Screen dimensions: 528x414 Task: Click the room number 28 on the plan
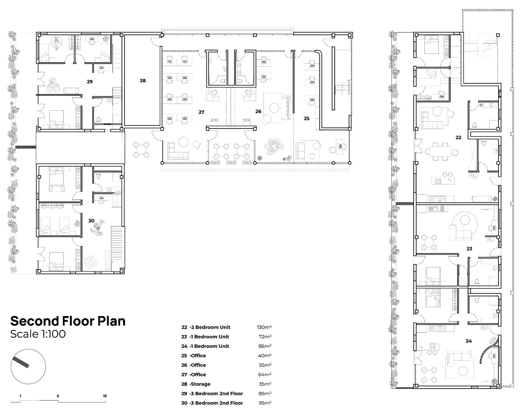pyautogui.click(x=143, y=80)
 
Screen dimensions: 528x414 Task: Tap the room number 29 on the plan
pyautogui.click(x=90, y=81)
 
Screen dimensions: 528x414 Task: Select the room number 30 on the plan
pyautogui.click(x=91, y=221)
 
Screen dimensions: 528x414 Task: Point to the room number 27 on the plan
pyautogui.click(x=201, y=112)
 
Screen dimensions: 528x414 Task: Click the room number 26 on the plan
pyautogui.click(x=258, y=111)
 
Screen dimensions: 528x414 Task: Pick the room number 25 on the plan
pyautogui.click(x=306, y=119)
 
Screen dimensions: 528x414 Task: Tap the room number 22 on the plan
pyautogui.click(x=458, y=137)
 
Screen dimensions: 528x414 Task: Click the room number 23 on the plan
pyautogui.click(x=469, y=249)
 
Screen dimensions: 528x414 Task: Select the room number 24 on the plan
pyautogui.click(x=469, y=341)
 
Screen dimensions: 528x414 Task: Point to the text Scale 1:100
pyautogui.click(x=38, y=334)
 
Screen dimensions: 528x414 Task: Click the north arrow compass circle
pyautogui.click(x=28, y=367)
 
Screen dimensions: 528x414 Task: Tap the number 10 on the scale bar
pyautogui.click(x=105, y=396)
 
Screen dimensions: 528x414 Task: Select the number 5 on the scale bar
pyautogui.click(x=58, y=396)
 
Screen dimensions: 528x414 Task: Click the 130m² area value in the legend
pyautogui.click(x=264, y=327)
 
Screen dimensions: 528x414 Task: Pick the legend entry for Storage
pyautogui.click(x=196, y=384)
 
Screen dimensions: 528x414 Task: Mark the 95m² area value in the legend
pyautogui.click(x=265, y=403)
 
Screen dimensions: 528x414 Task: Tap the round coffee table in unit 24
pyautogui.click(x=463, y=371)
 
